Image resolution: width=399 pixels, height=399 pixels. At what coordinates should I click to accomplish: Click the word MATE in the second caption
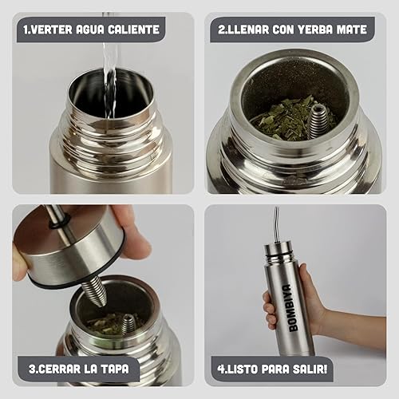pos(352,30)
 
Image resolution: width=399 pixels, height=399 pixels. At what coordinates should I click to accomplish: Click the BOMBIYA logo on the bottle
pos(286,308)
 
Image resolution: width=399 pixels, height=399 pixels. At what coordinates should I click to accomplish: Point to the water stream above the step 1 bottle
pos(109,66)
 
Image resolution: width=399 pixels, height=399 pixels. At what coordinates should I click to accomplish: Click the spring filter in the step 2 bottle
pos(318,121)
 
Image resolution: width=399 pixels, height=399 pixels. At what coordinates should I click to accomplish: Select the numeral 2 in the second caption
pos(221,30)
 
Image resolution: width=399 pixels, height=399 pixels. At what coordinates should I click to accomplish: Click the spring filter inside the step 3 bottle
pos(128,325)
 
